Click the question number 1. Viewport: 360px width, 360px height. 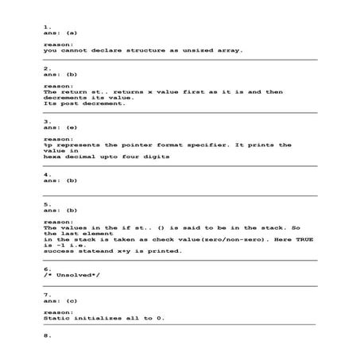tap(46, 26)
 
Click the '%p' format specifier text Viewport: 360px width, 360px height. tap(47, 145)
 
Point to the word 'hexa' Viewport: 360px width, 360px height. tap(53, 157)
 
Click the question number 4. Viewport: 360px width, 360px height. tap(46, 174)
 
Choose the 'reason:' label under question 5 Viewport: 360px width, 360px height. tap(59, 222)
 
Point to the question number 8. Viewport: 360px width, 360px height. tap(46, 335)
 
